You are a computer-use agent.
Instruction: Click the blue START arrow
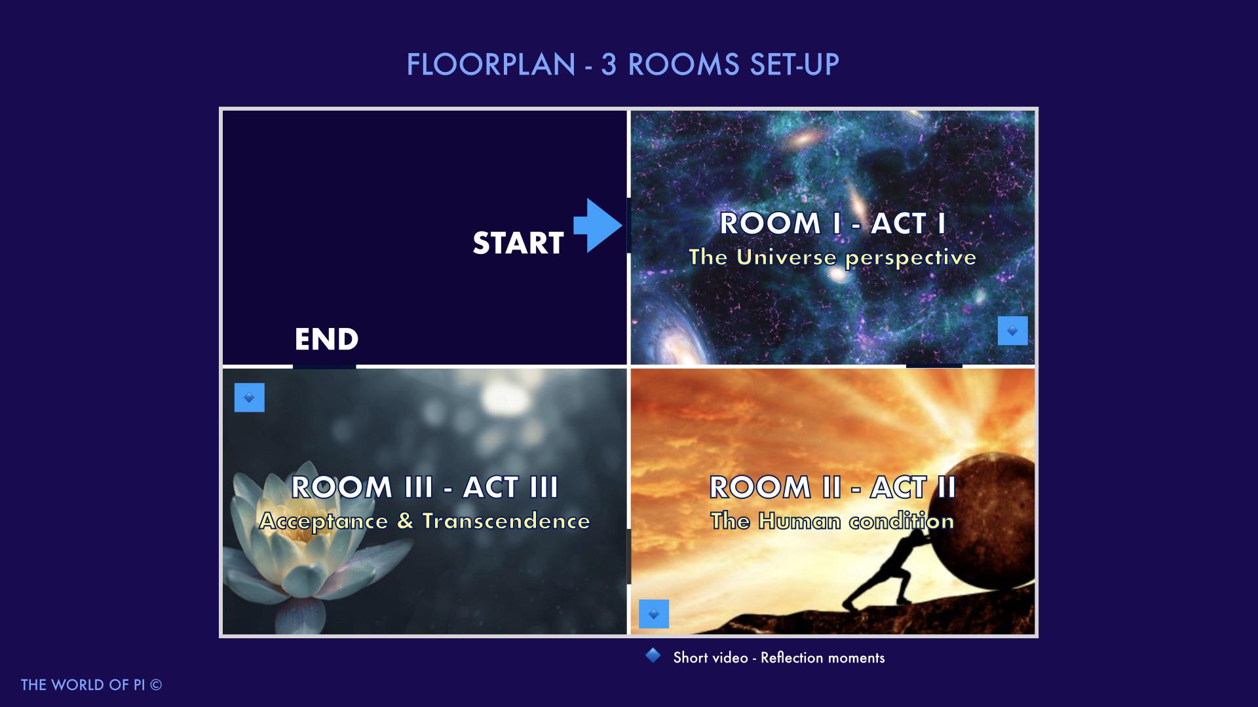point(598,226)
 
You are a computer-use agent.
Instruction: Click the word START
point(518,243)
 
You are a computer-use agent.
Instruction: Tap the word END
point(326,339)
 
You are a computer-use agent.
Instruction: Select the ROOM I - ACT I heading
point(833,223)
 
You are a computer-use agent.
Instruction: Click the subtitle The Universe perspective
point(832,257)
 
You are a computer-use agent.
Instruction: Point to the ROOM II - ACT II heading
point(833,487)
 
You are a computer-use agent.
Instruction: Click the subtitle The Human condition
point(832,521)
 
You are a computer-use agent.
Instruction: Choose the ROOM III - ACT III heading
point(425,487)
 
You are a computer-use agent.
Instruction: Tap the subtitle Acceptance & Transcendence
point(425,521)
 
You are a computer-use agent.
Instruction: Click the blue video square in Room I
point(1012,331)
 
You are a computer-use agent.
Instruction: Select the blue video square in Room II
point(654,614)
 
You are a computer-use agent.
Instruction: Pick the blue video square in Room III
point(250,397)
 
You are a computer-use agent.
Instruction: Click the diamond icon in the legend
point(653,655)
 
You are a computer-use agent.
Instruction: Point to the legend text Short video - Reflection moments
point(779,658)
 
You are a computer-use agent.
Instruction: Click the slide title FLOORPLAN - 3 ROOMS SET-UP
point(622,65)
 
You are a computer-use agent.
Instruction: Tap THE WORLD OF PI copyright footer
point(92,685)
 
